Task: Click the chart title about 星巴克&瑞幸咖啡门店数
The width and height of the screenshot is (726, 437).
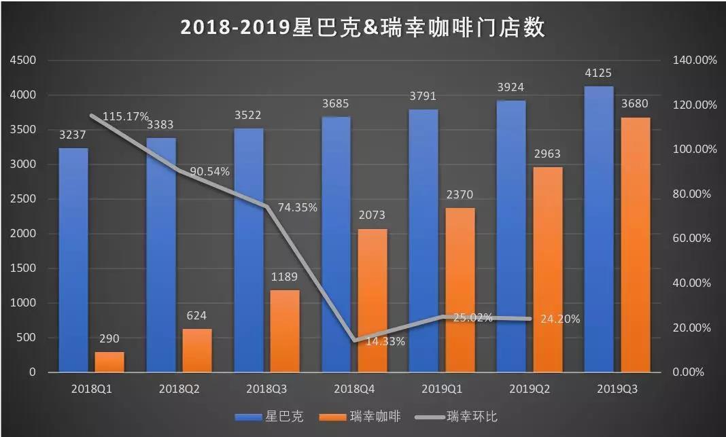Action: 363,27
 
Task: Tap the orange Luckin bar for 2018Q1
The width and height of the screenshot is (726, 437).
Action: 109,362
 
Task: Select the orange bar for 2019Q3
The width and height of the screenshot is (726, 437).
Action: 635,245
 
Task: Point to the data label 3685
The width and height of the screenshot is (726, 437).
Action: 336,104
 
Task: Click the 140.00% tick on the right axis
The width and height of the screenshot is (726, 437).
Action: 695,60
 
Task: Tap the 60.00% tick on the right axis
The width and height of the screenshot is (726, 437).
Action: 695,239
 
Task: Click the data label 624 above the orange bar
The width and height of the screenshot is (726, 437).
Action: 196,315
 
